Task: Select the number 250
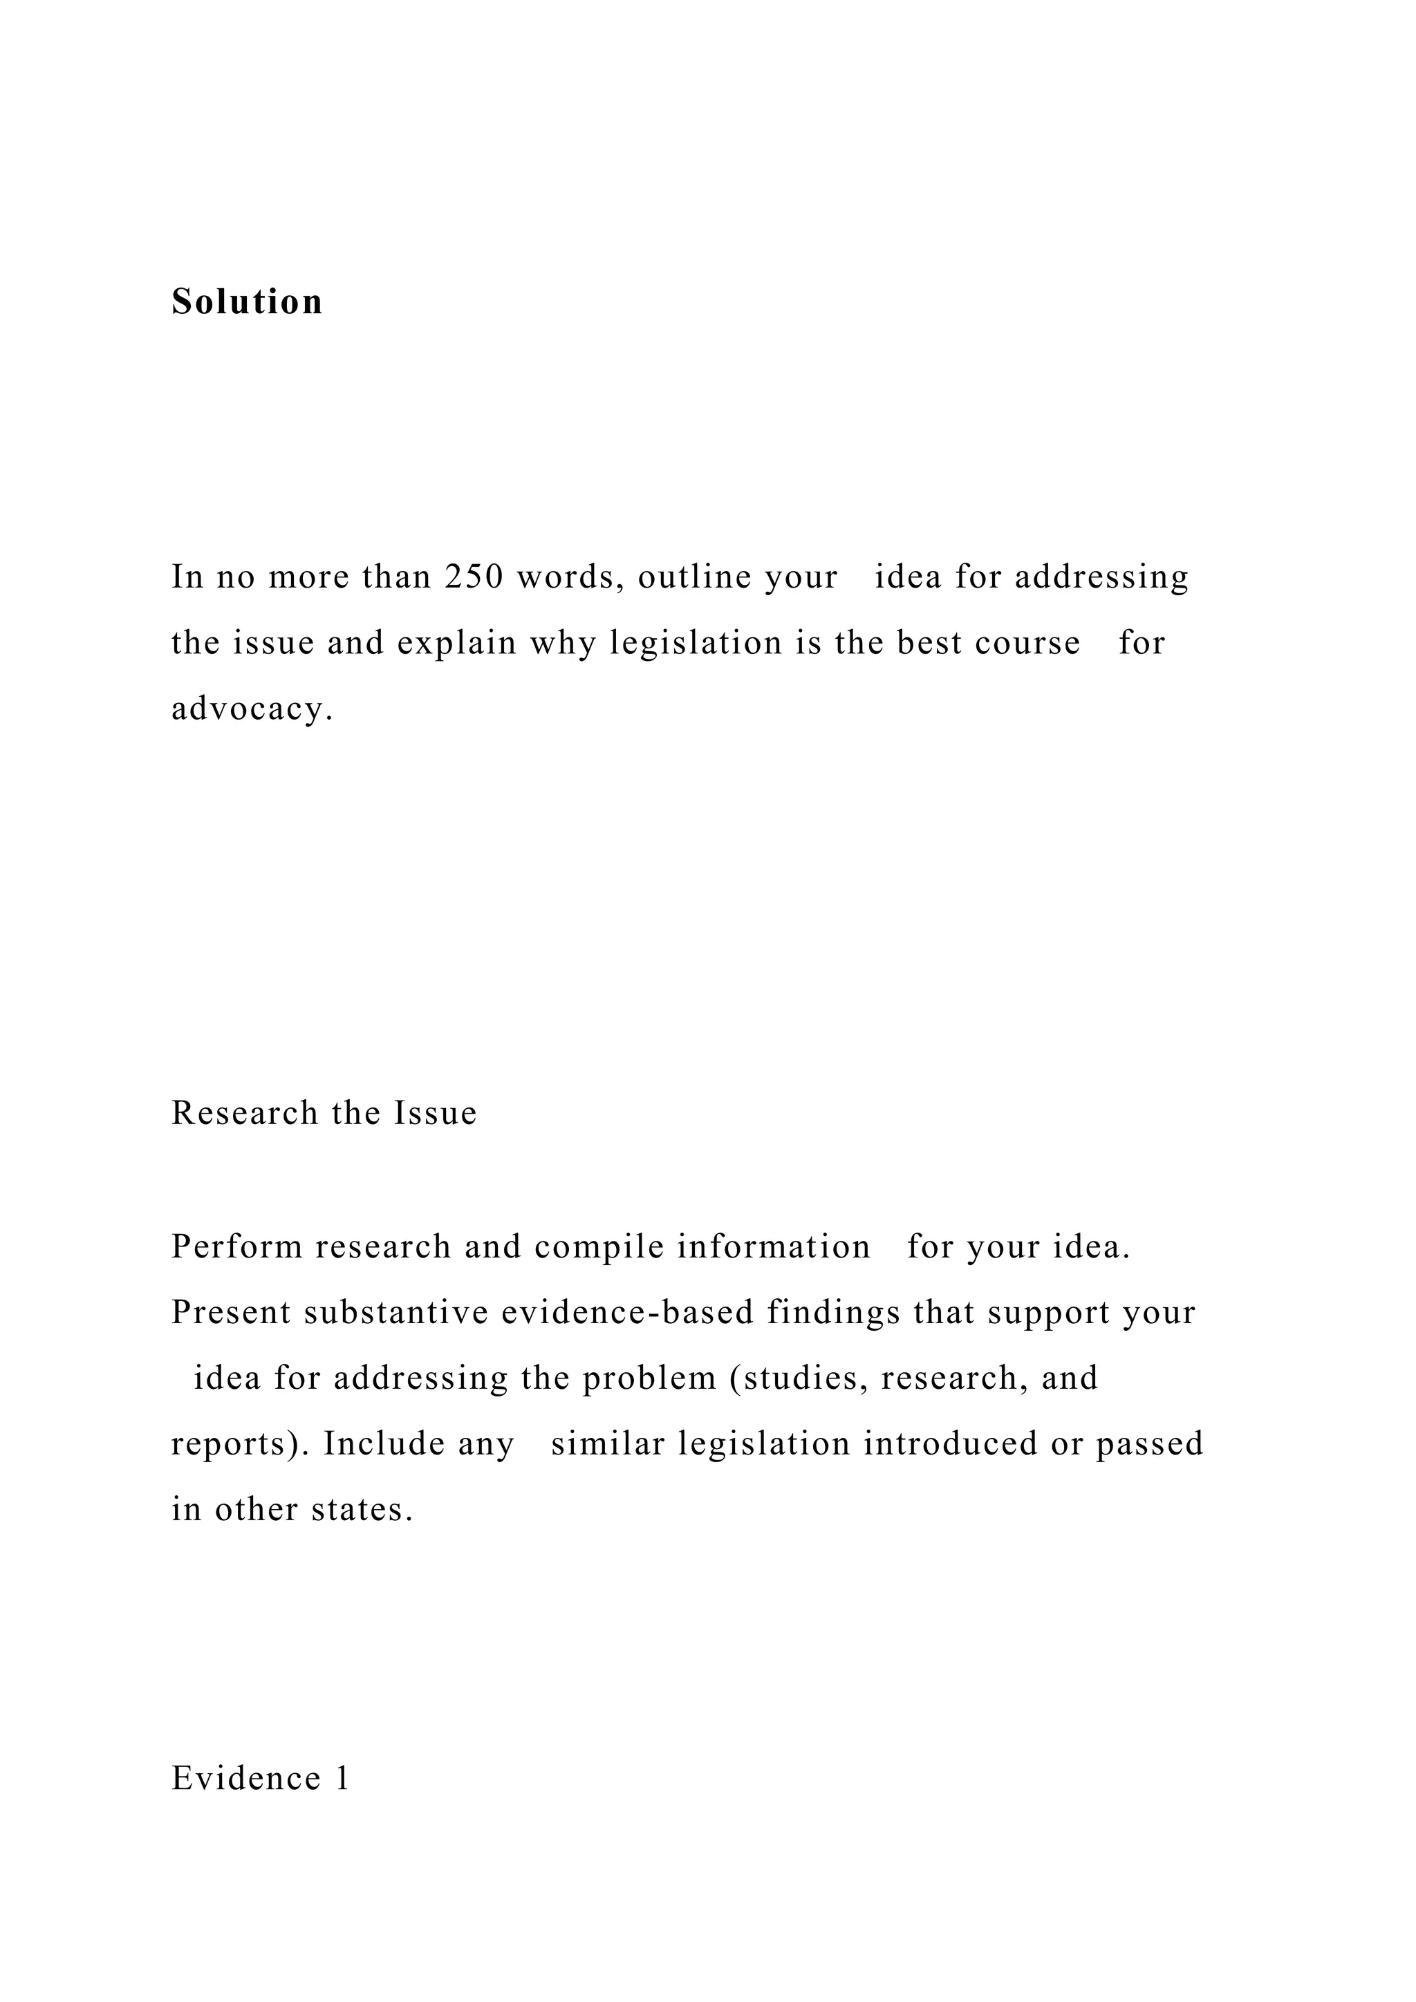[474, 577]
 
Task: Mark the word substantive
[396, 1313]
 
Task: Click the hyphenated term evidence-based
[627, 1313]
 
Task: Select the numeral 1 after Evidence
[342, 1778]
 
